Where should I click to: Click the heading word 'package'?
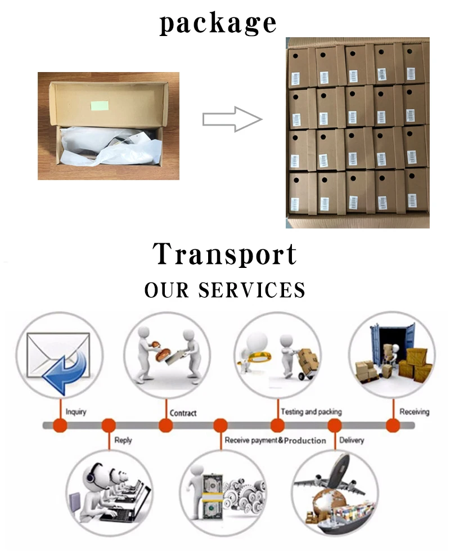click(218, 24)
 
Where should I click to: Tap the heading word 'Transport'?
click(225, 254)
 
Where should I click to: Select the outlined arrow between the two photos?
click(232, 119)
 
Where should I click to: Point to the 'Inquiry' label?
click(76, 412)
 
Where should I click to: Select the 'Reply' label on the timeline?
click(123, 440)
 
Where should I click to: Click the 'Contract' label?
click(183, 413)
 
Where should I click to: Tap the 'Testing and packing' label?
click(311, 412)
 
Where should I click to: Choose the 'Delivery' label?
click(352, 440)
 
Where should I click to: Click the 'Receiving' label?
click(414, 412)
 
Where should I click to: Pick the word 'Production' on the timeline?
click(305, 440)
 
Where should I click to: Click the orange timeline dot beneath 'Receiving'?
click(392, 425)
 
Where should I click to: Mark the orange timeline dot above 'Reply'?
click(109, 425)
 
